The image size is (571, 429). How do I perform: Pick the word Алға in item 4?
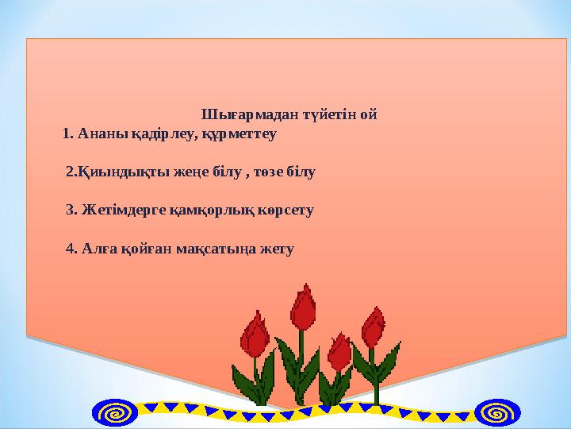coord(98,249)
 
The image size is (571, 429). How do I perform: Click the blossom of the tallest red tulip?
coord(303,308)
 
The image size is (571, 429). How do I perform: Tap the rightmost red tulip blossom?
coord(373,327)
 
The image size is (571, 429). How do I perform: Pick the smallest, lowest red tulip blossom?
coord(339,350)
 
